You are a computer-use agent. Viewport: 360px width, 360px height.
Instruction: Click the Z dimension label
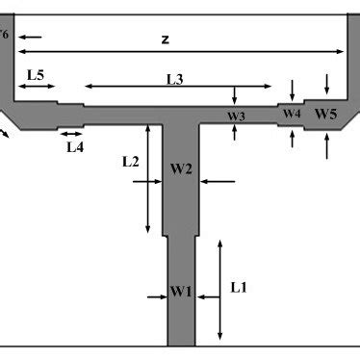click(x=166, y=39)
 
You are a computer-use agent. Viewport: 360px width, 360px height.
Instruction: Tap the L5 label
click(x=36, y=74)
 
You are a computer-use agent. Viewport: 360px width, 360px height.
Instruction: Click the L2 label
click(x=132, y=163)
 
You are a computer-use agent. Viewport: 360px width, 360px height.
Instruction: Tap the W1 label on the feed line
click(x=181, y=291)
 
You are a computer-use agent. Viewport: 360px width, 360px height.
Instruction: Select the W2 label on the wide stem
click(x=181, y=169)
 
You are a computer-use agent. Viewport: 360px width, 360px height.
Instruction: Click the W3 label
click(x=237, y=116)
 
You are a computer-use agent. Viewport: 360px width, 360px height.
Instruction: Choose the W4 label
click(x=292, y=114)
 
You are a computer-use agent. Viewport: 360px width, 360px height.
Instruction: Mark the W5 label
click(x=326, y=115)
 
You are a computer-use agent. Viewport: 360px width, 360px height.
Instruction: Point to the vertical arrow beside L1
click(x=220, y=289)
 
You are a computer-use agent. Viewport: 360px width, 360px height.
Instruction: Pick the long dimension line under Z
click(x=183, y=51)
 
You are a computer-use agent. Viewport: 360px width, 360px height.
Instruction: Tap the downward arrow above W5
click(x=329, y=81)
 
